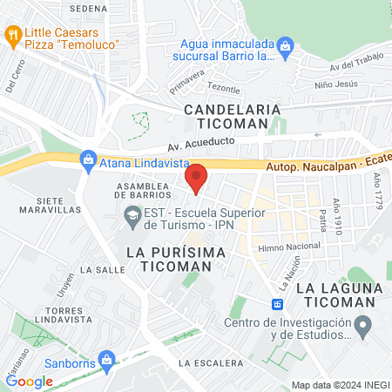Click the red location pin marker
coord(196,179)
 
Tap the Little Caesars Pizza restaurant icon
coord(13,35)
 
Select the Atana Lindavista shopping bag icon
coord(87,159)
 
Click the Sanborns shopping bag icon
coord(106,358)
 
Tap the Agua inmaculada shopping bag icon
coord(285,44)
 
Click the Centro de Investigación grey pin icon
coord(365,328)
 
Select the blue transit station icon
coord(277,304)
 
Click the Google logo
coord(29,381)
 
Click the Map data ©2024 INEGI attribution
coord(340,385)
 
